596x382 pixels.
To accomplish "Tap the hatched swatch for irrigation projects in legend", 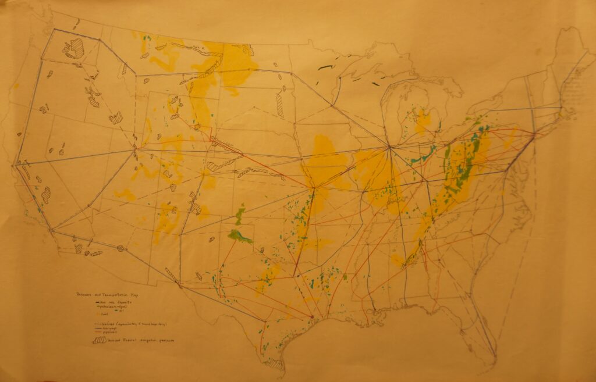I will pos(99,340).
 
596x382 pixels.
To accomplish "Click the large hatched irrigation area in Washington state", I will pos(73,48).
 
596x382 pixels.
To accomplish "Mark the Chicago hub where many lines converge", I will pos(389,146).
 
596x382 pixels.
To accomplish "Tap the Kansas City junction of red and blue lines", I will pos(313,188).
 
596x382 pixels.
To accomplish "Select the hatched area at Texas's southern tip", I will pos(274,365).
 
